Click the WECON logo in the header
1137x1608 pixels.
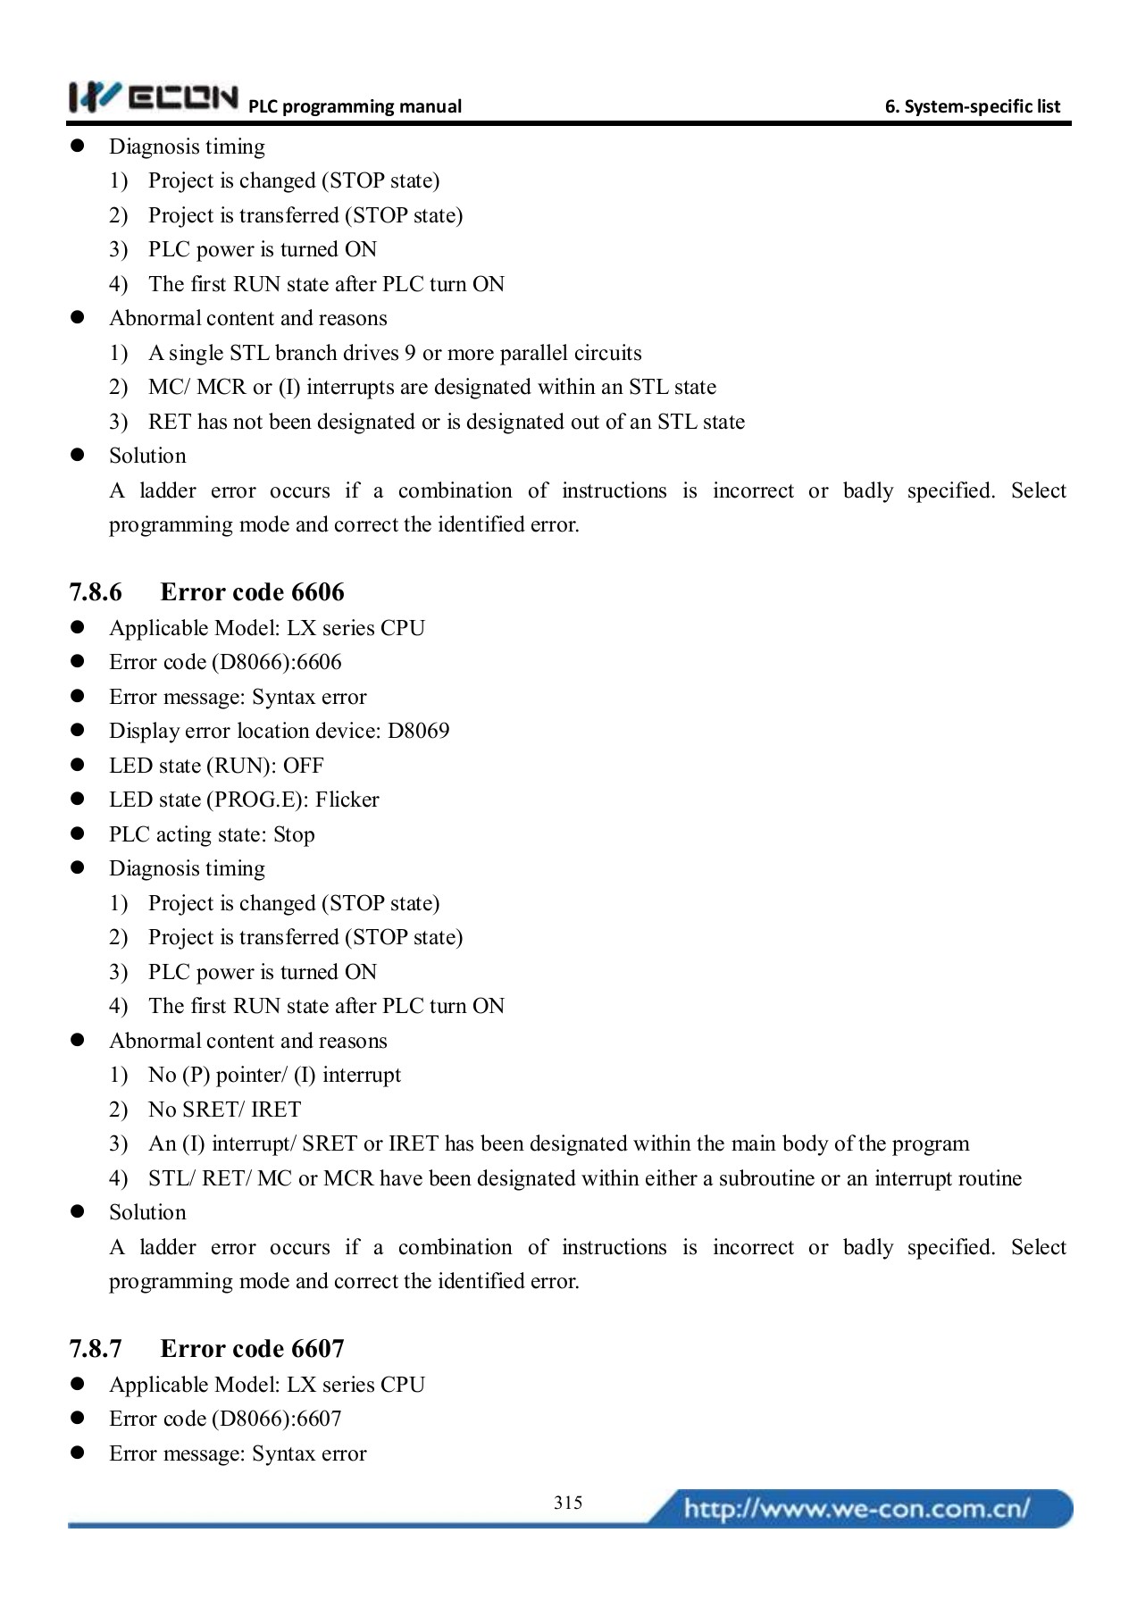[x=154, y=96]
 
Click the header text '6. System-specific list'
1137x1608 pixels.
[x=972, y=106]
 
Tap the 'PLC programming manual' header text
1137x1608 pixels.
[x=355, y=106]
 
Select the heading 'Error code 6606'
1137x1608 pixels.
[x=252, y=592]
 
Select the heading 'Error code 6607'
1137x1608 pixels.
[x=252, y=1349]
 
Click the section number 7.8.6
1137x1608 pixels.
[x=96, y=592]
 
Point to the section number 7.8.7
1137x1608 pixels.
[x=96, y=1349]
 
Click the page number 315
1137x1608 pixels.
[x=568, y=1503]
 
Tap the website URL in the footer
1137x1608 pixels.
[x=856, y=1509]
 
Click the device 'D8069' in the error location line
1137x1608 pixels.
[x=418, y=731]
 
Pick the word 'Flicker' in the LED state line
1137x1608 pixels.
[x=347, y=800]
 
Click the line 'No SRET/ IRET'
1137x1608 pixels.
[x=225, y=1110]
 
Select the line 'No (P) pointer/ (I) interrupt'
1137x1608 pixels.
[x=274, y=1075]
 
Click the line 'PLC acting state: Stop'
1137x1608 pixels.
[x=212, y=834]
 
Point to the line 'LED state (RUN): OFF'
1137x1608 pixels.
[x=216, y=766]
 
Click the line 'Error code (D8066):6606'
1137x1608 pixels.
[x=225, y=662]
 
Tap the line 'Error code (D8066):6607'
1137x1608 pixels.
[x=225, y=1419]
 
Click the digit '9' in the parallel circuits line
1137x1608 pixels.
[x=410, y=353]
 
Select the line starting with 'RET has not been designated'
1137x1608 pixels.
[x=446, y=422]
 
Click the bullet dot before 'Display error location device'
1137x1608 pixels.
[x=77, y=731]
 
